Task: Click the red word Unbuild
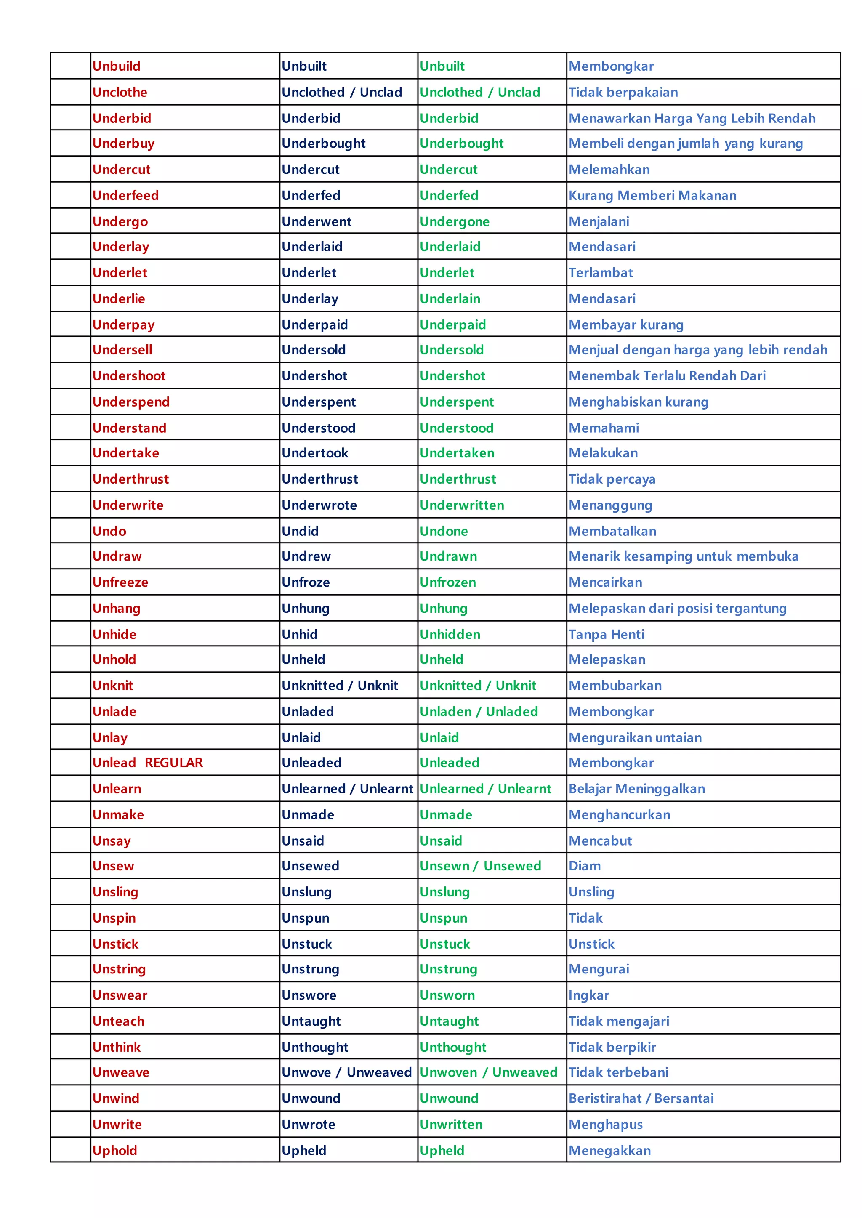116,66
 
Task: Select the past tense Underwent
317,222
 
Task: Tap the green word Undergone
454,222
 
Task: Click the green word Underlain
450,299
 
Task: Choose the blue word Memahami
604,428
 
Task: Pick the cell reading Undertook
315,453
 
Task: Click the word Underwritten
462,505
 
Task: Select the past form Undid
300,531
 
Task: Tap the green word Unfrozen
447,583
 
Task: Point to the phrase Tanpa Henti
606,635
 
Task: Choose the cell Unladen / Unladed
479,712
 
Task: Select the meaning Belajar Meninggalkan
636,789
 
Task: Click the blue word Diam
584,866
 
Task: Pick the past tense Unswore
309,996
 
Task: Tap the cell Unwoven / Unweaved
488,1072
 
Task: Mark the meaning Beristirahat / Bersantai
641,1098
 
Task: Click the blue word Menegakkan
609,1151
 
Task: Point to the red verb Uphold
114,1151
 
